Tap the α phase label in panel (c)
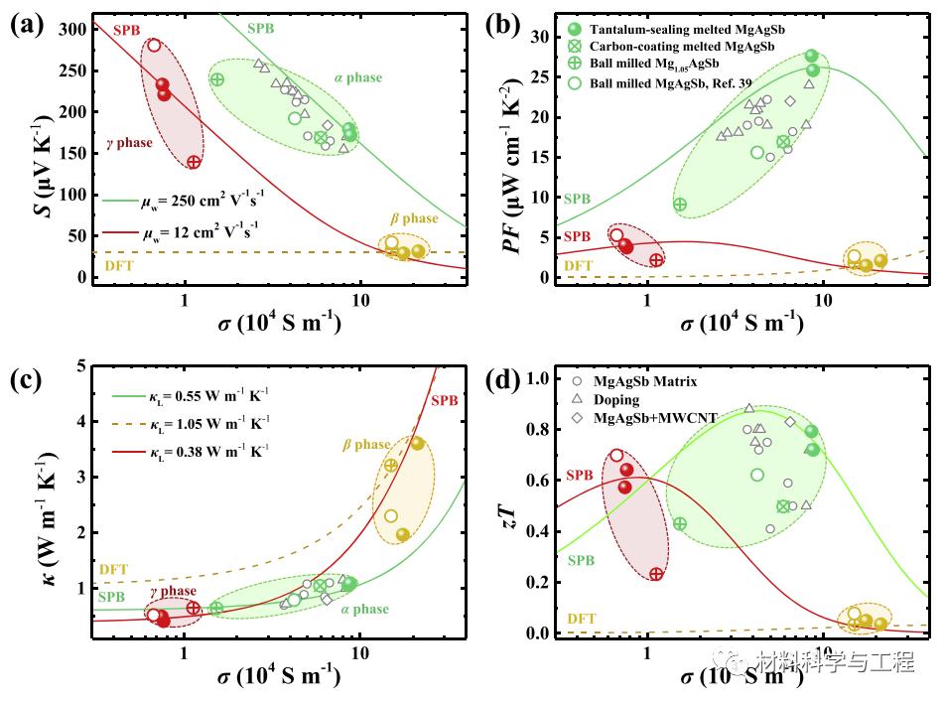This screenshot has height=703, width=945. click(365, 610)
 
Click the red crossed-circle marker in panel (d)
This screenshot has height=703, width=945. click(656, 575)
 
